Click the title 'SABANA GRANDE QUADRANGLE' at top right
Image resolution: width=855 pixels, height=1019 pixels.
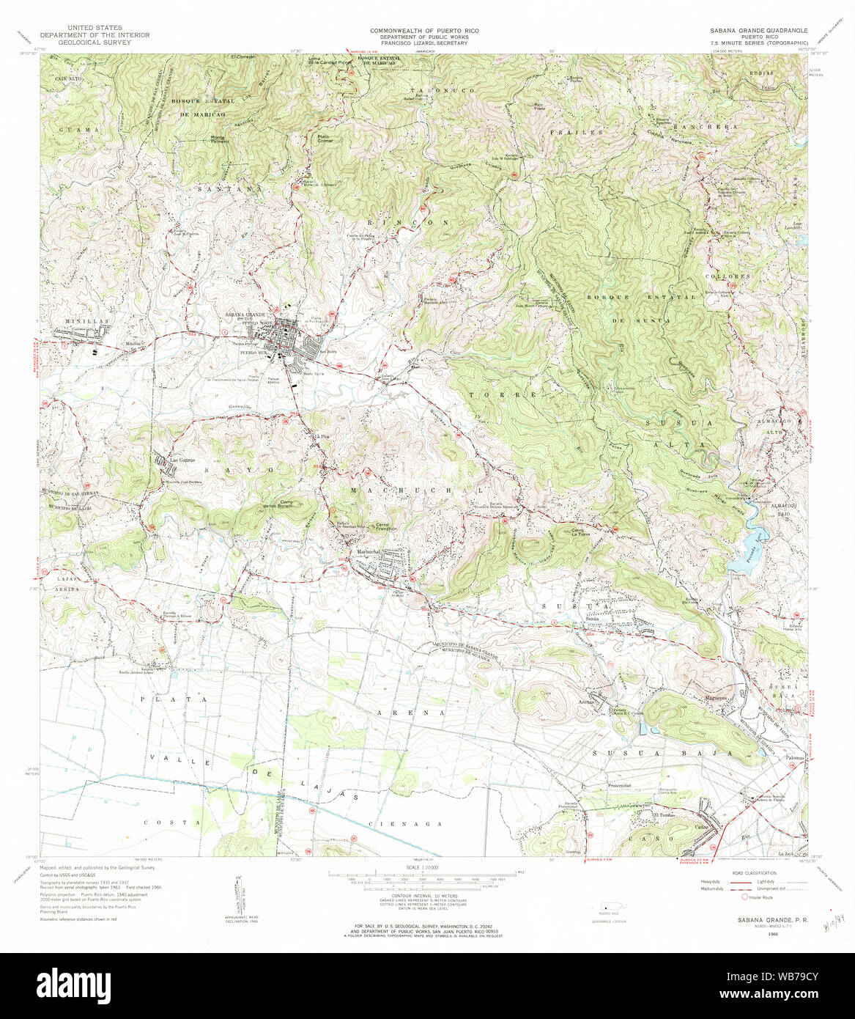coord(758,30)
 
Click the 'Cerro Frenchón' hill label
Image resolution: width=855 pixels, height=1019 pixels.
coord(386,526)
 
